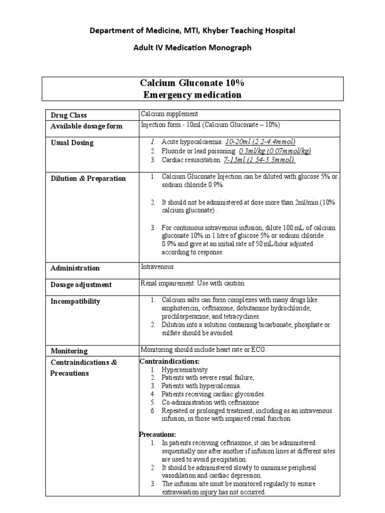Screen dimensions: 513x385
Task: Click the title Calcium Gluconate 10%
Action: pos(192,83)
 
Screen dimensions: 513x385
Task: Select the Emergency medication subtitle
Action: pos(192,95)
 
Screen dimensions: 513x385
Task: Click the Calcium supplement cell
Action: pos(169,114)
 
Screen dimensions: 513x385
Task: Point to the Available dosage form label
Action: pos(86,126)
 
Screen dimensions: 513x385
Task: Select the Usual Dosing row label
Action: pos(72,143)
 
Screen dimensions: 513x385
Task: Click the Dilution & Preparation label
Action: pos(88,178)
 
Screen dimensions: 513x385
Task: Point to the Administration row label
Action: pos(75,268)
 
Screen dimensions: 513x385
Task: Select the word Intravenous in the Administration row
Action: pos(155,267)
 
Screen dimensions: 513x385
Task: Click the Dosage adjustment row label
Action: pos(81,285)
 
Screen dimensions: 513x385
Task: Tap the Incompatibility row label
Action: pos(75,301)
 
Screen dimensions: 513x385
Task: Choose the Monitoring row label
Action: pos(69,351)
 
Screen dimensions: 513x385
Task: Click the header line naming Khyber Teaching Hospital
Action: pos(192,31)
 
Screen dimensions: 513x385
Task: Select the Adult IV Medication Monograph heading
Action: pos(192,48)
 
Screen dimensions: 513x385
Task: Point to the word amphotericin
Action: pos(179,309)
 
